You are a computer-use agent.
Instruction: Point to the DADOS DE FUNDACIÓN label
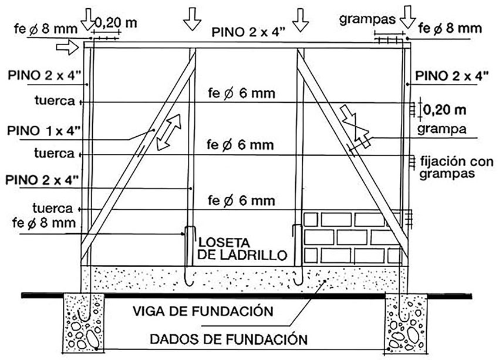[228, 339]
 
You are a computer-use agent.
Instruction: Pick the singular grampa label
[448, 129]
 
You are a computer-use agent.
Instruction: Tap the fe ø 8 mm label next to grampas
[448, 28]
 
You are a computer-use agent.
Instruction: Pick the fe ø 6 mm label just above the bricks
[241, 201]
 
